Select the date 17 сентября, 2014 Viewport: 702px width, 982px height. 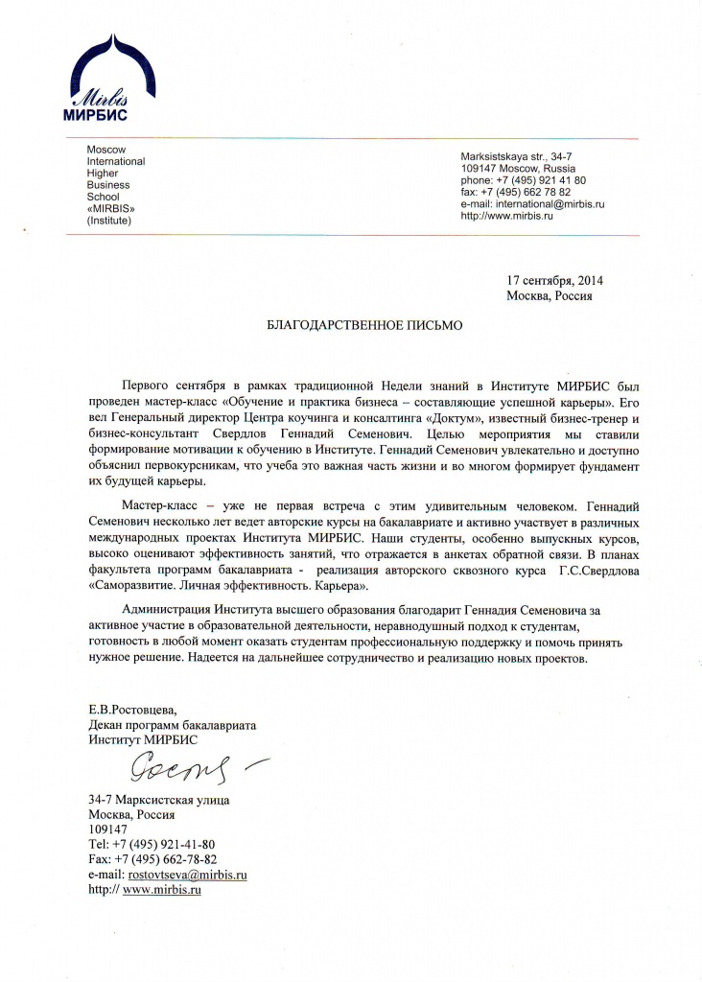click(x=555, y=280)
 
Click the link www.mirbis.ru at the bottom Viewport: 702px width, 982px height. click(x=162, y=890)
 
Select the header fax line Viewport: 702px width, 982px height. click(x=516, y=192)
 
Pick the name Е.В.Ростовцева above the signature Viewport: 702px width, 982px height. click(x=132, y=711)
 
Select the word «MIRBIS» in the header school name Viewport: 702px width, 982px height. click(x=110, y=208)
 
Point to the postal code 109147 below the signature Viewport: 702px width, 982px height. click(x=107, y=829)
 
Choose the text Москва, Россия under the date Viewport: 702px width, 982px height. click(x=550, y=295)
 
